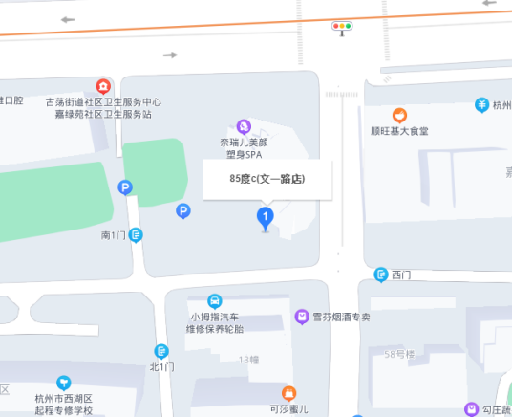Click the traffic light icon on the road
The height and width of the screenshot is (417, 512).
341,27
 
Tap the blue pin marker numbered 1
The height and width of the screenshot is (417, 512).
266,219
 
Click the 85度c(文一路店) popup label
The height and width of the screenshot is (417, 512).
267,178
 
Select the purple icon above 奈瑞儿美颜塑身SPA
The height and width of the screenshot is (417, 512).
244,125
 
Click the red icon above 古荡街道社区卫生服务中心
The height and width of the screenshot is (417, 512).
104,86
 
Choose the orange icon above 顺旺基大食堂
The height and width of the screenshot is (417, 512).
399,115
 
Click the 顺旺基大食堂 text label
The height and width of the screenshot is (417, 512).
399,131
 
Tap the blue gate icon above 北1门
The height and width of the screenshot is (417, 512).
161,351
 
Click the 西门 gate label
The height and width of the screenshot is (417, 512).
402,275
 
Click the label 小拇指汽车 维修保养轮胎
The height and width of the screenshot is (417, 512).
217,323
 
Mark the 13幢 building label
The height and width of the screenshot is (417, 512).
248,360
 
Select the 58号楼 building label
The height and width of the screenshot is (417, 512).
399,355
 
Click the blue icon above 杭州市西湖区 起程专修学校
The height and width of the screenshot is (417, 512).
63,383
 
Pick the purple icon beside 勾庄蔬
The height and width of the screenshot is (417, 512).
470,408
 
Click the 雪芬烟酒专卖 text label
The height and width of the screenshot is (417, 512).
340,317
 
